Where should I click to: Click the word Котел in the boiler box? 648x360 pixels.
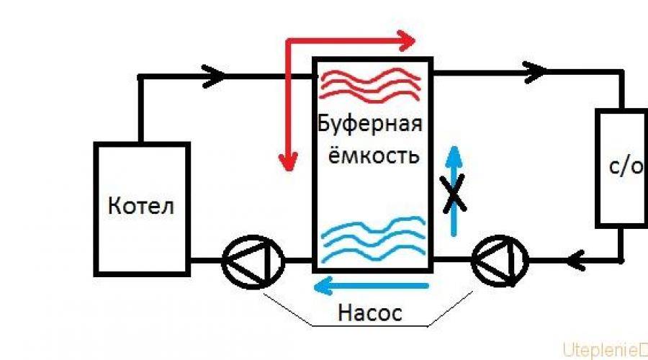point(141,207)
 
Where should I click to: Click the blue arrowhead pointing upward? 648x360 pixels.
point(453,155)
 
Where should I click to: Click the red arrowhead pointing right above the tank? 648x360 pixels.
point(409,38)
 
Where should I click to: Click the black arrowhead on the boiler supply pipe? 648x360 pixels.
point(213,75)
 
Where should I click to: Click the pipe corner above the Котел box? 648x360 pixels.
point(140,76)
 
